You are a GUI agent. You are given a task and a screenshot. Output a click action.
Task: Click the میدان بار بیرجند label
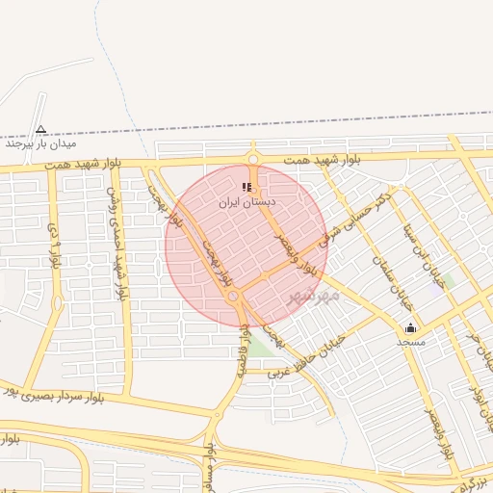[x=39, y=144]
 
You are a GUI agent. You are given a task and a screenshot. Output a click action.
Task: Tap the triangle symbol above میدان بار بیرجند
[x=40, y=129]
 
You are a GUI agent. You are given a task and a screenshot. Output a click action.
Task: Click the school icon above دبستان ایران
[x=247, y=187]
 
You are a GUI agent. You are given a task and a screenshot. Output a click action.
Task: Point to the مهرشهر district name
[x=314, y=294]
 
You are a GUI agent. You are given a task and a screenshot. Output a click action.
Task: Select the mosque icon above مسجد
[x=411, y=327]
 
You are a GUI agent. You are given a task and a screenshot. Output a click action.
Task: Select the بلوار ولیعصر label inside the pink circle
[x=293, y=241]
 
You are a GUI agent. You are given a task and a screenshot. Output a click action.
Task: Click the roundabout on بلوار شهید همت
[x=252, y=159]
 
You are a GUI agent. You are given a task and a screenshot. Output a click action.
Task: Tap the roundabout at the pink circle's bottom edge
[x=235, y=297]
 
